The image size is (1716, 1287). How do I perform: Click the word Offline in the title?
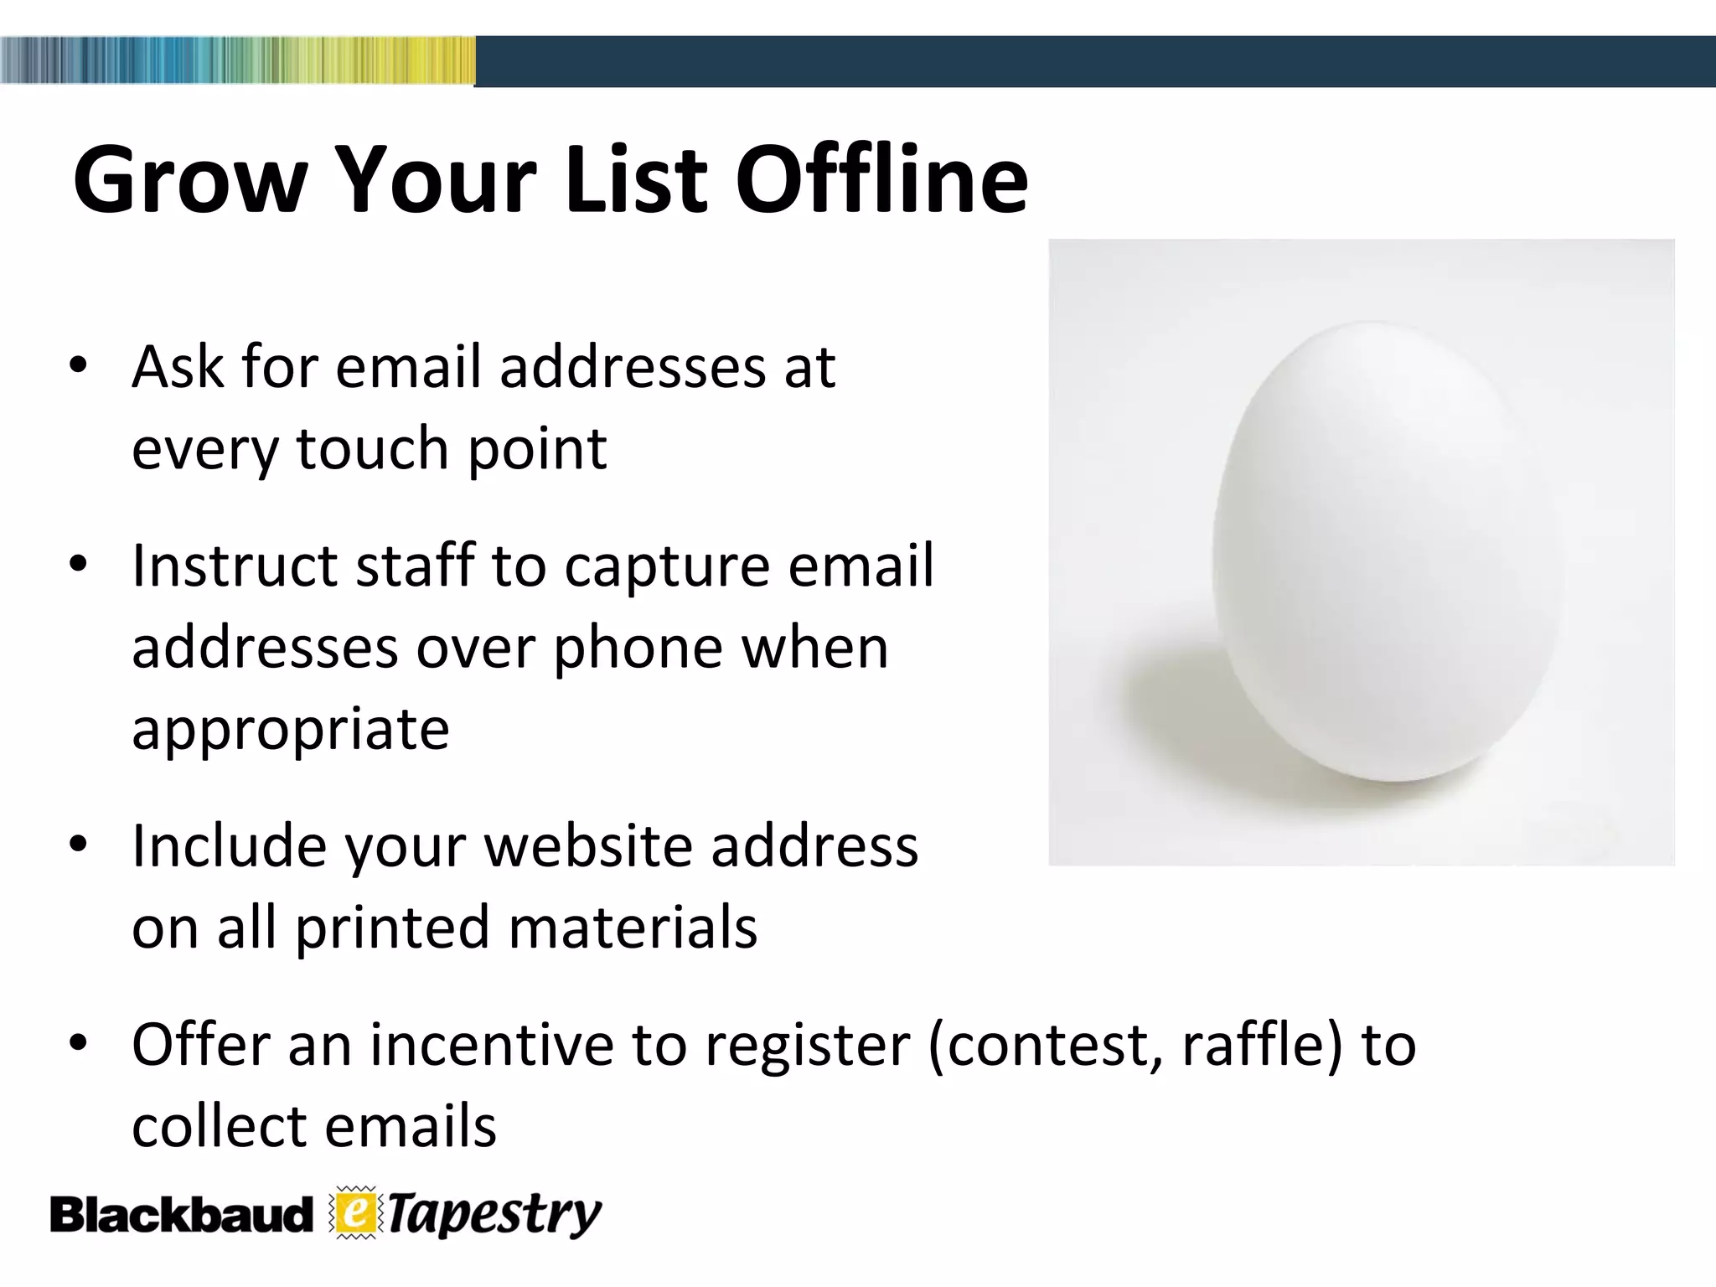pos(881,180)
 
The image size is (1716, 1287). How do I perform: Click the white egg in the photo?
pos(1387,553)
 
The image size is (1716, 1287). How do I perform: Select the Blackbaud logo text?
pos(180,1216)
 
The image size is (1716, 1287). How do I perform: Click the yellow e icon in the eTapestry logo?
pos(356,1213)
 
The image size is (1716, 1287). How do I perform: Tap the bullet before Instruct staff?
pos(79,565)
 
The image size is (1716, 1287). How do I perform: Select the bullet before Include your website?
pos(79,845)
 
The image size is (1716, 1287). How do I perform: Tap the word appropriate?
pos(291,729)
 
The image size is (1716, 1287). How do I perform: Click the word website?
pos(588,846)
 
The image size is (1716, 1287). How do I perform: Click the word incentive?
pos(492,1045)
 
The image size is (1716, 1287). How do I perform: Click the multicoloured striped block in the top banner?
pos(238,60)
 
